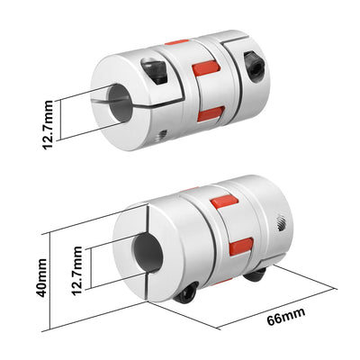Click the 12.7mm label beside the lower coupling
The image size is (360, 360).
click(78, 270)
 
